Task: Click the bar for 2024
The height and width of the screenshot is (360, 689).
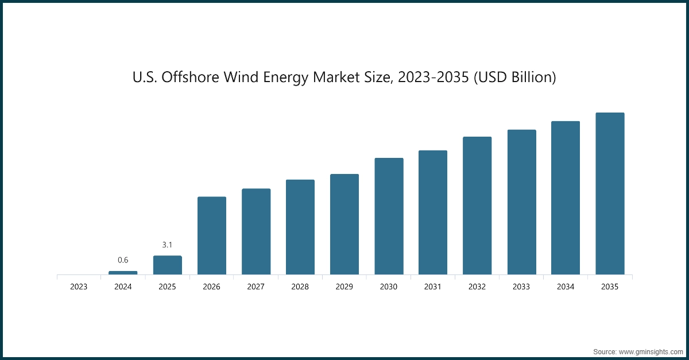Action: coord(123,273)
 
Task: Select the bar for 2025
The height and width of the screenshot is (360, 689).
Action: coord(167,265)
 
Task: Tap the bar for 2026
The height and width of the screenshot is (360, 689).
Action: coord(212,235)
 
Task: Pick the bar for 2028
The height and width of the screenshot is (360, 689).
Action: coord(300,227)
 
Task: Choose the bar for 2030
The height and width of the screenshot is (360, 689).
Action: coord(389,216)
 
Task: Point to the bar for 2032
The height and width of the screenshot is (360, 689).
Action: coord(477,206)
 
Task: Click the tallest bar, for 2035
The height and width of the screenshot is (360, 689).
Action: coord(610,193)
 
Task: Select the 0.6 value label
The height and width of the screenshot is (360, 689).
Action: coord(123,260)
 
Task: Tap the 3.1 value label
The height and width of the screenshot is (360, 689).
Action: coord(167,245)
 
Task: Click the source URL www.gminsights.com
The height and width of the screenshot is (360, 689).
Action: coord(651,350)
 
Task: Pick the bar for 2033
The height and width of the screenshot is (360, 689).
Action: coord(521,202)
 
